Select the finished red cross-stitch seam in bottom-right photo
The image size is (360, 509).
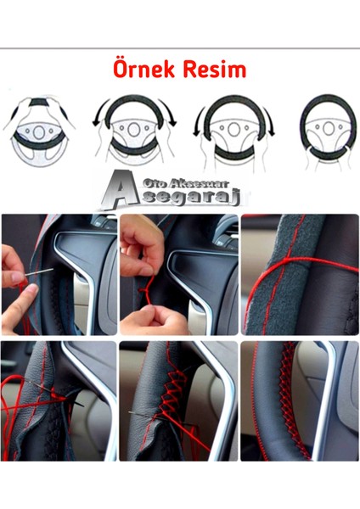click(x=290, y=399)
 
